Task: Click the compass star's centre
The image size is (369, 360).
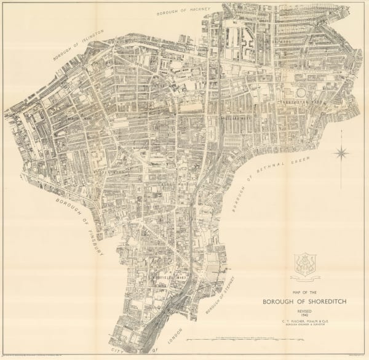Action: pos(342,152)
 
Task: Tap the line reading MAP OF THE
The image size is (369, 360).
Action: pos(305,293)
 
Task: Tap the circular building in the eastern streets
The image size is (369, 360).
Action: pos(301,92)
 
